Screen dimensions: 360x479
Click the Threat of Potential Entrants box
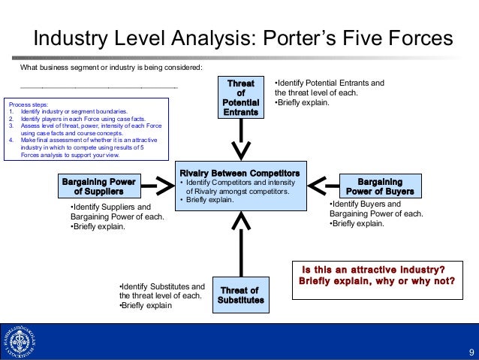240,97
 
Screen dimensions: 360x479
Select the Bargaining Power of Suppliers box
98,186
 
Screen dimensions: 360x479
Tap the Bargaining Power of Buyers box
379,186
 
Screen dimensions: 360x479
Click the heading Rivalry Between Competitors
239,174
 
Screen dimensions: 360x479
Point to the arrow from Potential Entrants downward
240,138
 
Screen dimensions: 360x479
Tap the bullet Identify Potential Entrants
330,83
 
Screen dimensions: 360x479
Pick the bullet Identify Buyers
366,204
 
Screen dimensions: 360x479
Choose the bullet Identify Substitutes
162,286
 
